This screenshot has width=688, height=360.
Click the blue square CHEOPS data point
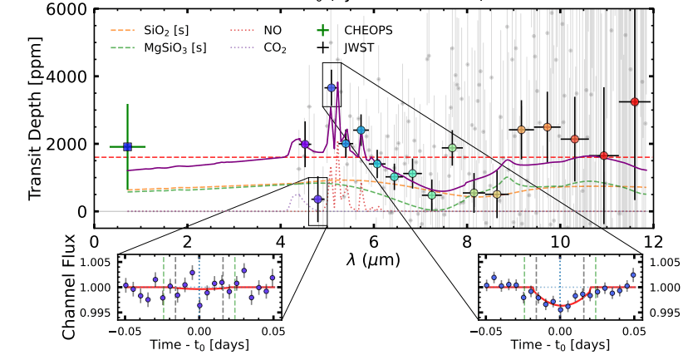pyautogui.click(x=127, y=146)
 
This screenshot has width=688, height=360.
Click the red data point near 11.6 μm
pyautogui.click(x=635, y=101)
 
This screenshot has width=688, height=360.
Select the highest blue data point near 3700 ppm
pyautogui.click(x=331, y=87)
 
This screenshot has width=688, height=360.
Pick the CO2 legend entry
pyautogui.click(x=275, y=48)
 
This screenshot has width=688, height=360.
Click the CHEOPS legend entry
pyautogui.click(x=368, y=30)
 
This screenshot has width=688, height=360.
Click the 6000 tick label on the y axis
pyautogui.click(x=73, y=9)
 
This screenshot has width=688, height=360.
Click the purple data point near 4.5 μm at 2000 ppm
pyautogui.click(x=305, y=144)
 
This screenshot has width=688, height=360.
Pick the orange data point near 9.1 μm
pyautogui.click(x=521, y=130)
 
